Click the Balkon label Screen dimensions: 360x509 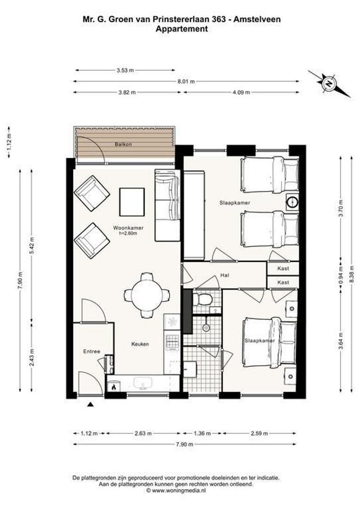(123, 144)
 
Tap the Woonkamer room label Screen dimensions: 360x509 (128, 228)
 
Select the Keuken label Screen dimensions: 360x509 (140, 344)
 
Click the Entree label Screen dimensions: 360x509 (91, 352)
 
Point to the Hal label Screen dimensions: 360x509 (225, 275)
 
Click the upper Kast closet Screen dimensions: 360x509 (283, 269)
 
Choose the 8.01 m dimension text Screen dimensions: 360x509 (186, 82)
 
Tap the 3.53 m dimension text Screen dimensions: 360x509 (125, 70)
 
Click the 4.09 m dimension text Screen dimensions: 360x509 (241, 92)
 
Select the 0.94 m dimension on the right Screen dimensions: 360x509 (341, 275)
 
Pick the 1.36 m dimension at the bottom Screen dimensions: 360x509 (202, 434)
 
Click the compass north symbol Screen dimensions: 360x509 (329, 84)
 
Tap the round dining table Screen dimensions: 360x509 (147, 295)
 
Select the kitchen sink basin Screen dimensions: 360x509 (143, 383)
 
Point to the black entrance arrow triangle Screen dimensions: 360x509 (91, 404)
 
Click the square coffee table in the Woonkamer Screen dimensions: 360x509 (132, 202)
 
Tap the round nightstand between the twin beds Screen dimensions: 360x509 (292, 202)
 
